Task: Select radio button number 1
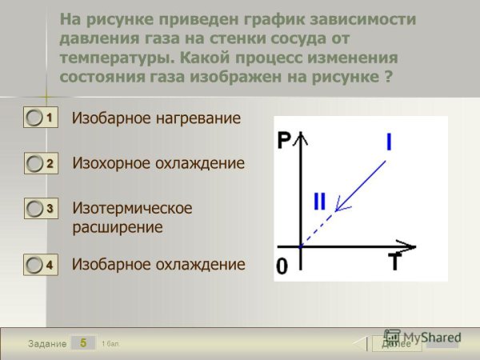pyautogui.click(x=35, y=118)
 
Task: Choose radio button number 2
pyautogui.click(x=35, y=164)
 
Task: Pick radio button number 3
pyautogui.click(x=35, y=209)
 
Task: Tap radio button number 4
pyautogui.click(x=35, y=265)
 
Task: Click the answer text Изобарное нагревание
pyautogui.click(x=156, y=118)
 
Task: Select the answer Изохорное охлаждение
pyautogui.click(x=158, y=163)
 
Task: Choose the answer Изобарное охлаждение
pyautogui.click(x=158, y=264)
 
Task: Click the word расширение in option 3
pyautogui.click(x=118, y=227)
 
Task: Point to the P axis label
pyautogui.click(x=284, y=142)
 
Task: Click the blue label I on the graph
pyautogui.click(x=389, y=142)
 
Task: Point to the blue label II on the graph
pyautogui.click(x=319, y=201)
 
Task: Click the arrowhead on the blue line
pyautogui.click(x=339, y=208)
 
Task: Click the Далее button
pyautogui.click(x=397, y=343)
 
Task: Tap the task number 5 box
pyautogui.click(x=82, y=342)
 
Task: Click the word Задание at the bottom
pyautogui.click(x=47, y=343)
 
